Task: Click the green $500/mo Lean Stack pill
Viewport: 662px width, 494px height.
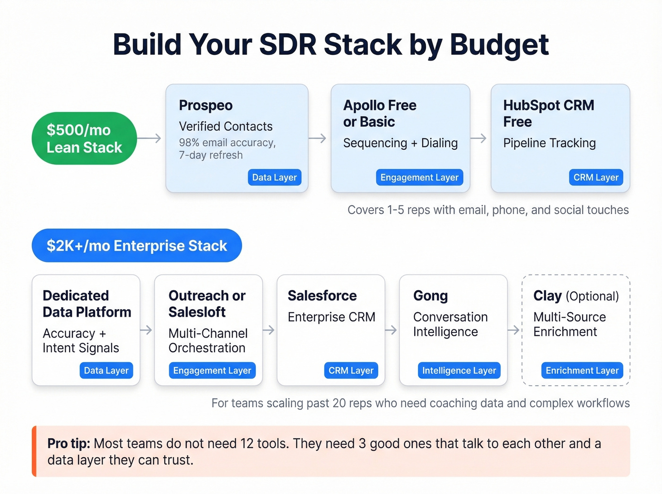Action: click(84, 139)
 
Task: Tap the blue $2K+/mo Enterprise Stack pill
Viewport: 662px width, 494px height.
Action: click(137, 245)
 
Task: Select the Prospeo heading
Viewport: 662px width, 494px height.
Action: click(206, 105)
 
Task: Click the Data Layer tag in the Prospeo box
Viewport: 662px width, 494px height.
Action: click(274, 177)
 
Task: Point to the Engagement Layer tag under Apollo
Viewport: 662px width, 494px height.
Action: click(419, 177)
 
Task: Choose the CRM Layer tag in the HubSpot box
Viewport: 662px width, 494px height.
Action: click(596, 177)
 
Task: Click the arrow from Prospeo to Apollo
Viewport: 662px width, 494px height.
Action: click(317, 139)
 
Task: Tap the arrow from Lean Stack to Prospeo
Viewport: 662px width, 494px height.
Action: click(149, 139)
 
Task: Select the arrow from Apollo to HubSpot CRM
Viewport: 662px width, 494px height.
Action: click(479, 139)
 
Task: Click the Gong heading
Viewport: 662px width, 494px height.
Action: click(430, 296)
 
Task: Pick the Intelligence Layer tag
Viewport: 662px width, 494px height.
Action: click(459, 371)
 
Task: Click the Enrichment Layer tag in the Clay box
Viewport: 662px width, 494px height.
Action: click(582, 371)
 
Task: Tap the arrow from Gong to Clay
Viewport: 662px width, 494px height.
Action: click(514, 330)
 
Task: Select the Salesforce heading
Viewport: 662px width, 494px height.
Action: click(322, 296)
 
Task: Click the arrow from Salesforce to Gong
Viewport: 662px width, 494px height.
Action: click(391, 330)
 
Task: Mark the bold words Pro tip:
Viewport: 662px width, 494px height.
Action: click(69, 443)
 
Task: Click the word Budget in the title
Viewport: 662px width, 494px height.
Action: click(499, 45)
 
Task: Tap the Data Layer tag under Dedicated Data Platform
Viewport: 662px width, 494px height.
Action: click(106, 371)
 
